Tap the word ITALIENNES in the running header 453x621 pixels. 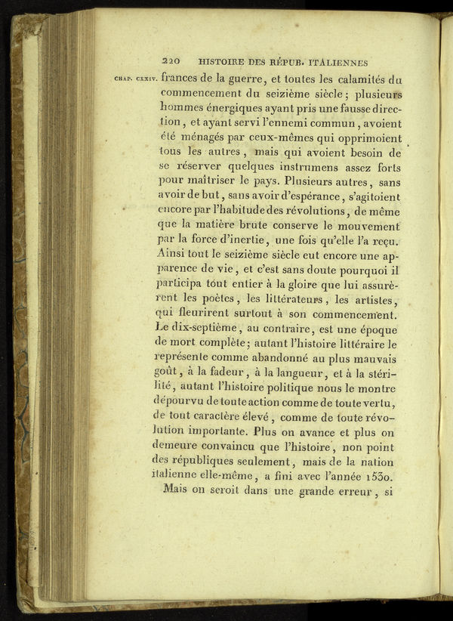coord(334,63)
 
